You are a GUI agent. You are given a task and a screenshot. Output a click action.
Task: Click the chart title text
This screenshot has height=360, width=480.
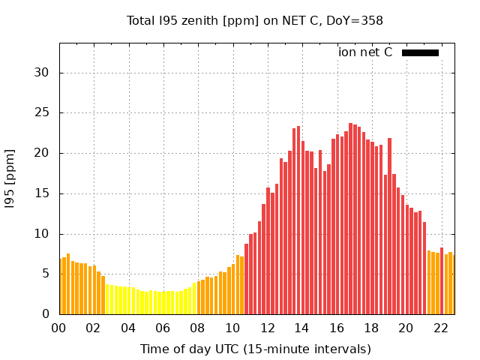pos(255,21)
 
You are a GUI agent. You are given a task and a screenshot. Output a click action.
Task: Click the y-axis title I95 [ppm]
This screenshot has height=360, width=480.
pos(10,178)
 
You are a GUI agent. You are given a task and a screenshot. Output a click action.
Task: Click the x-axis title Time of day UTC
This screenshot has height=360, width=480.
pos(255,349)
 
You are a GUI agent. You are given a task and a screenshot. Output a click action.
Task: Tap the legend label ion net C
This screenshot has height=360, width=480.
pos(365,52)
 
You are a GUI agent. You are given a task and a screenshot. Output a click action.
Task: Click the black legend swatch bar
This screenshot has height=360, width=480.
pos(420,52)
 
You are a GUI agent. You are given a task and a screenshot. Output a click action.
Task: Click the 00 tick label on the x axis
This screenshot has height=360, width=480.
pos(58,328)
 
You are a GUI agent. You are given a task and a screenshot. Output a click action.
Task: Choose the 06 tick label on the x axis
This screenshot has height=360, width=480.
pos(163,328)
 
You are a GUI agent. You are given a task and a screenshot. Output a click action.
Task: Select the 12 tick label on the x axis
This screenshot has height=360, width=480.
pos(267,328)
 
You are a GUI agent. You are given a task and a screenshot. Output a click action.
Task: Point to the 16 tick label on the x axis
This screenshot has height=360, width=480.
pos(336,328)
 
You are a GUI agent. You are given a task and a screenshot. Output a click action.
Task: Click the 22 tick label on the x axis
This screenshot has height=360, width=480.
pos(440,328)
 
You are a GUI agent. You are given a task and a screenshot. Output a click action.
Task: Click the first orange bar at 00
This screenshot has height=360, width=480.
pos(61,287)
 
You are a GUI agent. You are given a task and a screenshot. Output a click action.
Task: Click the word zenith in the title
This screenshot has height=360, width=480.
pos(197,21)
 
